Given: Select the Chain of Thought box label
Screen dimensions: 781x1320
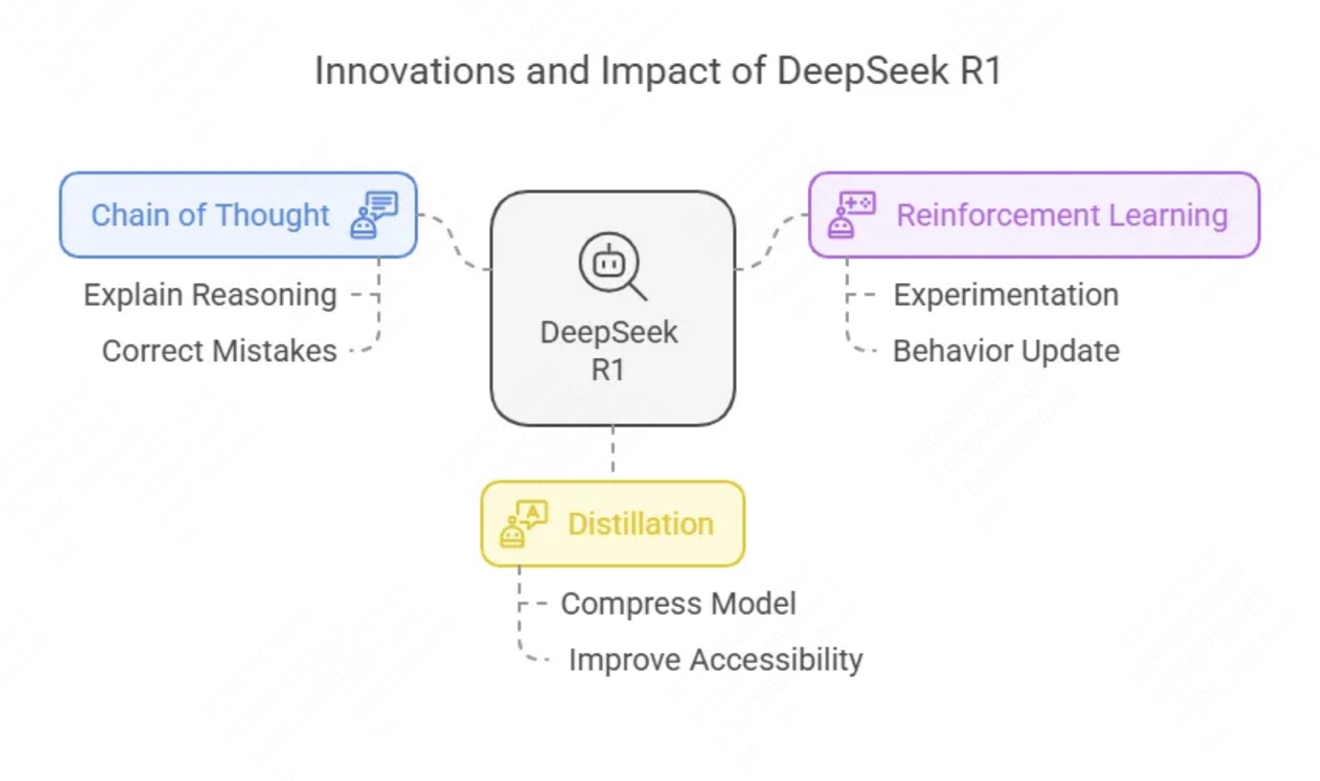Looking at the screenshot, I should pyautogui.click(x=210, y=215).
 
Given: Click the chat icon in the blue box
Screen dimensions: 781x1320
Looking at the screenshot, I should pyautogui.click(x=374, y=215).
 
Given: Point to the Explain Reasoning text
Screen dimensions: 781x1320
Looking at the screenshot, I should pyautogui.click(x=210, y=295).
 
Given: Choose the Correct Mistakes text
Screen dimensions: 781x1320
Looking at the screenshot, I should pyautogui.click(x=219, y=351).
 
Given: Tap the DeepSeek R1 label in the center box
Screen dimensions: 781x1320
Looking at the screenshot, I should pyautogui.click(x=609, y=350).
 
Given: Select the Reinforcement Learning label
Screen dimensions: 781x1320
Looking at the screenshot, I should pyautogui.click(x=1062, y=215).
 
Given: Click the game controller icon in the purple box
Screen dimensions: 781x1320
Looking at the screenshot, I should pyautogui.click(x=851, y=215).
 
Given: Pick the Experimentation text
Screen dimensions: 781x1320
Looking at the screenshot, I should pyautogui.click(x=1006, y=295).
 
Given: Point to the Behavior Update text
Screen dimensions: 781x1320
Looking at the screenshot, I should pyautogui.click(x=1006, y=351).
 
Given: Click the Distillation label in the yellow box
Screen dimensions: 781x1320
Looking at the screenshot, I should pyautogui.click(x=640, y=524).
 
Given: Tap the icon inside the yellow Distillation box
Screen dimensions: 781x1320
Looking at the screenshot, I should pyautogui.click(x=523, y=524).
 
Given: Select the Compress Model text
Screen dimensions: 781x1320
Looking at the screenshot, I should pyautogui.click(x=678, y=603).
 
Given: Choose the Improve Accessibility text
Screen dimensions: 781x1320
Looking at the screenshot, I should pyautogui.click(x=715, y=660).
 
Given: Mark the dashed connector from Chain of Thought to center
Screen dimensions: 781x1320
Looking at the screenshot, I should pyautogui.click(x=454, y=242).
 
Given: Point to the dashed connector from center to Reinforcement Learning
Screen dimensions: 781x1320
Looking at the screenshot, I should pyautogui.click(x=772, y=242).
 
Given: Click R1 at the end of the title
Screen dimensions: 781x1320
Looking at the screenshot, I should pyautogui.click(x=980, y=71).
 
